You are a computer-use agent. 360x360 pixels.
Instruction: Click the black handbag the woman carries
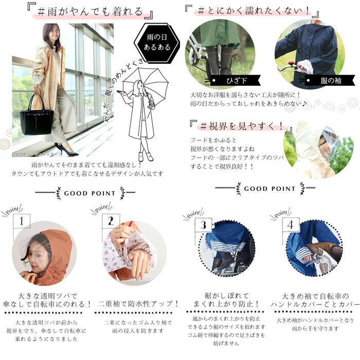pyautogui.click(x=35, y=118)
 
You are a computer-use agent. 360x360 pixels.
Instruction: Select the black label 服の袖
pyautogui.click(x=330, y=80)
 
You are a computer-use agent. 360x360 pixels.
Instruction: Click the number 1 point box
pyautogui.click(x=21, y=221)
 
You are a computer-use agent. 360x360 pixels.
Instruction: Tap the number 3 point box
pyautogui.click(x=203, y=224)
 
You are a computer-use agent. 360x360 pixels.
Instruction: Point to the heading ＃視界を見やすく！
pyautogui.click(x=238, y=125)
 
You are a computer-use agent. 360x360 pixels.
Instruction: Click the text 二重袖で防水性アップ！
pyautogui.click(x=138, y=304)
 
